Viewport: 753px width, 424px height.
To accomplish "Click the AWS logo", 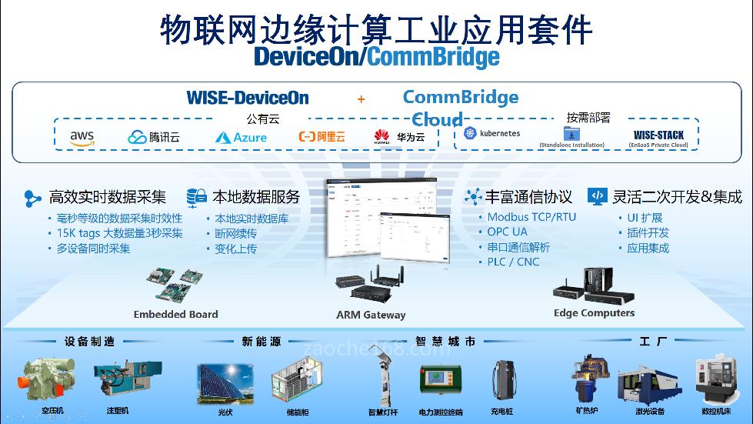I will pyautogui.click(x=82, y=137).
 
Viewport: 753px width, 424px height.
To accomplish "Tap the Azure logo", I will pyautogui.click(x=241, y=137).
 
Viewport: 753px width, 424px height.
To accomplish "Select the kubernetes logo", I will pyautogui.click(x=492, y=133).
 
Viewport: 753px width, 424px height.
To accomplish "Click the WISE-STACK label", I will pyautogui.click(x=658, y=135).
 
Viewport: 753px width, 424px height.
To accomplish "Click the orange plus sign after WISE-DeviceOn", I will pyautogui.click(x=361, y=98).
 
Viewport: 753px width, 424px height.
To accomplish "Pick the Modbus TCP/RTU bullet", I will pyautogui.click(x=531, y=217).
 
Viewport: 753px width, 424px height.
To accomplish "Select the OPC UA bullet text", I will pyautogui.click(x=507, y=232).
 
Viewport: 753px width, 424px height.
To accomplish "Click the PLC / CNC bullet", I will pyautogui.click(x=513, y=262).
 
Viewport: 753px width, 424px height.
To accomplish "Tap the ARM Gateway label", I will pyautogui.click(x=371, y=315).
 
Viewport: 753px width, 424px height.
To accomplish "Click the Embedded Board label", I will pyautogui.click(x=175, y=314).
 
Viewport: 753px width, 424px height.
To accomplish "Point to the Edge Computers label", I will pyautogui.click(x=594, y=313).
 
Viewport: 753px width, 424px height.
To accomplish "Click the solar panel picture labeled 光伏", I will pyautogui.click(x=226, y=383).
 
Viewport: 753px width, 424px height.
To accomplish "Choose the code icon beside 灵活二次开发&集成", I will pyautogui.click(x=597, y=196).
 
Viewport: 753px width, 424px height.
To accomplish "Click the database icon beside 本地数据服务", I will pyautogui.click(x=196, y=197).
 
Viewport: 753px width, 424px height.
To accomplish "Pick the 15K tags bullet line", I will pyautogui.click(x=119, y=232).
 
